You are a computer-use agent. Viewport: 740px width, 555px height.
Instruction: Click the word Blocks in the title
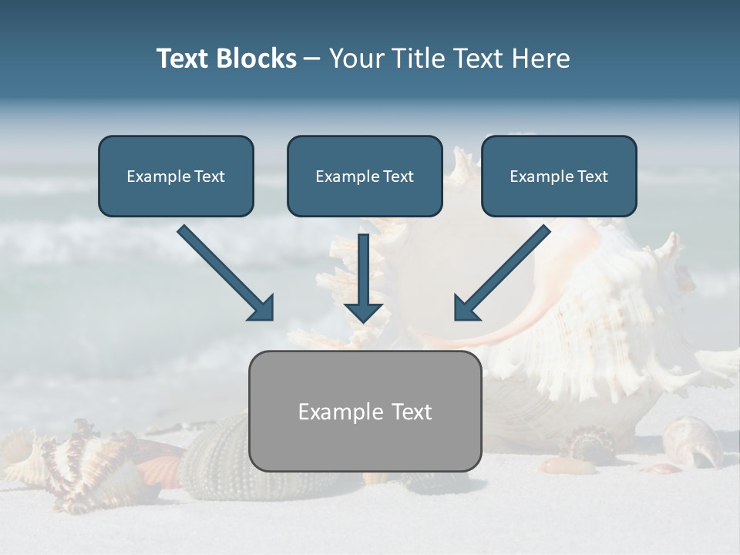pyautogui.click(x=258, y=59)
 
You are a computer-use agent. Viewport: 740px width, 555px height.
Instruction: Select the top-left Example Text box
pyautogui.click(x=176, y=176)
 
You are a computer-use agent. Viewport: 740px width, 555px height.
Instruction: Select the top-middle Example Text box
pyautogui.click(x=365, y=176)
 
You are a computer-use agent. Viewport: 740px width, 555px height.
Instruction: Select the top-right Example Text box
pyautogui.click(x=559, y=176)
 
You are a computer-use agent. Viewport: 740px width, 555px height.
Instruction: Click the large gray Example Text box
pyautogui.click(x=365, y=411)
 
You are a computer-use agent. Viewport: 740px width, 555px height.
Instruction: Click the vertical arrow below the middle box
pyautogui.click(x=363, y=277)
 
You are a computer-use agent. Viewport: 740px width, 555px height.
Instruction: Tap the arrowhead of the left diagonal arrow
pyautogui.click(x=262, y=308)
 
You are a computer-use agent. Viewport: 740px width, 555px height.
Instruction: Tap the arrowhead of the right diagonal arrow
pyautogui.click(x=466, y=308)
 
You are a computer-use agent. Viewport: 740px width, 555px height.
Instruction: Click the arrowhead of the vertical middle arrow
pyautogui.click(x=363, y=311)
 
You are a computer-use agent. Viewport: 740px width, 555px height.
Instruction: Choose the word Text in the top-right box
pyautogui.click(x=592, y=176)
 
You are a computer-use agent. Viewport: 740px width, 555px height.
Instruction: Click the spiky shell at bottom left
pyautogui.click(x=69, y=466)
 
